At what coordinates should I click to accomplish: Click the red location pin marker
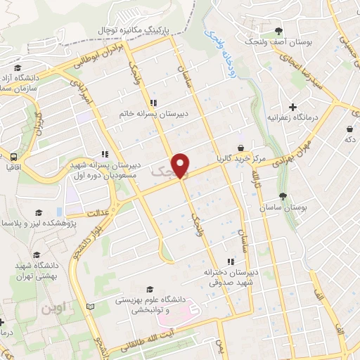[x=181, y=165]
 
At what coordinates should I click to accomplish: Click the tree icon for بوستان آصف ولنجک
[x=279, y=30]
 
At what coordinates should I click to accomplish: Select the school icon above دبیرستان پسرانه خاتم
[x=163, y=103]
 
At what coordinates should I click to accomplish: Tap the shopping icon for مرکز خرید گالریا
[x=242, y=148]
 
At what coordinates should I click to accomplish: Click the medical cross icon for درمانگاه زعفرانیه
[x=292, y=106]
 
